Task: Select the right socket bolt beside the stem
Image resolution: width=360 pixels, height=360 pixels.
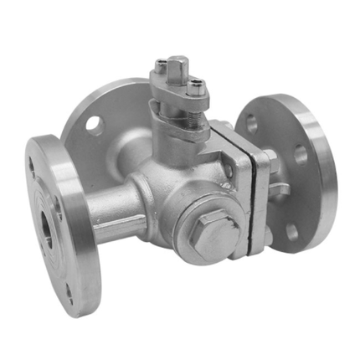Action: click(196, 84)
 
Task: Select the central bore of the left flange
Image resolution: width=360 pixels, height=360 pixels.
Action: click(44, 228)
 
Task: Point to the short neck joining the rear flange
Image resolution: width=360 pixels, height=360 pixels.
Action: click(130, 155)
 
